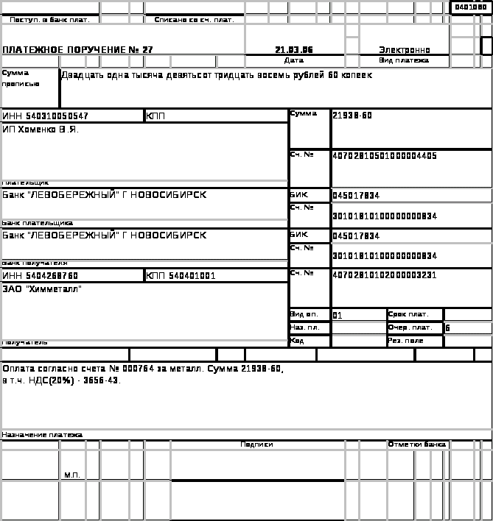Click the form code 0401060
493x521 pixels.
point(470,7)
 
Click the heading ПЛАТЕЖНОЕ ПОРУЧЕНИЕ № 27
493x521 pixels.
point(77,50)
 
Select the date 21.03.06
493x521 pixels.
point(294,50)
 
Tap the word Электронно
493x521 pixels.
point(405,50)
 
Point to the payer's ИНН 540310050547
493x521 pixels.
point(46,116)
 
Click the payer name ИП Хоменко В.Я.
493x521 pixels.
point(39,130)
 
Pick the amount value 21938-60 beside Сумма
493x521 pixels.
point(352,116)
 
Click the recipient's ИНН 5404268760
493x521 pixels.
point(41,276)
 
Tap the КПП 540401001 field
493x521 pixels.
point(181,276)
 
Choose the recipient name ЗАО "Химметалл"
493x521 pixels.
point(41,289)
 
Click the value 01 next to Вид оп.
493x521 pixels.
point(338,316)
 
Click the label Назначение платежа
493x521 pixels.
point(42,435)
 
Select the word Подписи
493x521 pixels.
point(256,444)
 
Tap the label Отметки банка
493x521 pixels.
point(417,444)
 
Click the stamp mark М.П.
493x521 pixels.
point(71,475)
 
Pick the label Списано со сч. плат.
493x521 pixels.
point(194,20)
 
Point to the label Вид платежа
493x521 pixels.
point(404,60)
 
